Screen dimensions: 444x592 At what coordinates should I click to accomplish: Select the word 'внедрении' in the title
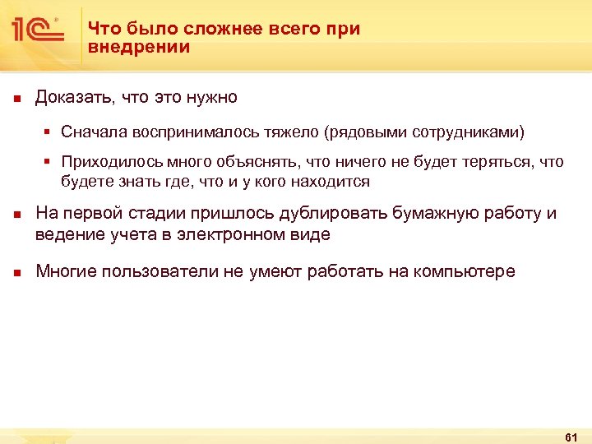click(x=139, y=48)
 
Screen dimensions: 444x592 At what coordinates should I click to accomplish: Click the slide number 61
click(x=572, y=436)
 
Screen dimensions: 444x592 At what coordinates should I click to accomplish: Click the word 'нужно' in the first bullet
click(x=211, y=98)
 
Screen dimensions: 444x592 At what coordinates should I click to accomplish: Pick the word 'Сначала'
click(x=90, y=132)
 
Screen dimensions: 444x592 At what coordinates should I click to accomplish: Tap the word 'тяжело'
click(x=294, y=132)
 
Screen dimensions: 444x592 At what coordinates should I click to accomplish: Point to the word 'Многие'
click(x=67, y=272)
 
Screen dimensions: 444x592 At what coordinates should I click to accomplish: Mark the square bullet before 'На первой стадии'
click(x=16, y=215)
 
